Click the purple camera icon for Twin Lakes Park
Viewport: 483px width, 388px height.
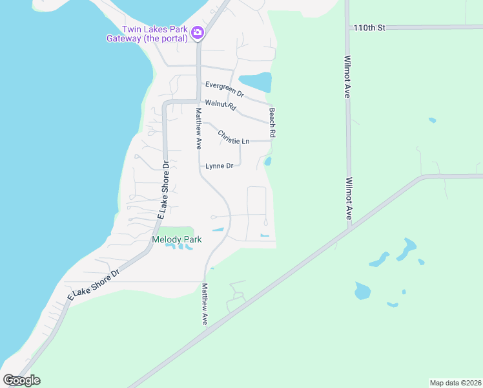click(198, 32)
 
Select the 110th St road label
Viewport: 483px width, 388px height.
click(369, 28)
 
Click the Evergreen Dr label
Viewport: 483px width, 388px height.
click(225, 89)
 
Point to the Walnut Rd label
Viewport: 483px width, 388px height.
click(218, 104)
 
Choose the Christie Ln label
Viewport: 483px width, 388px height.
click(233, 138)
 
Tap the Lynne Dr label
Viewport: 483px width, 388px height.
click(219, 166)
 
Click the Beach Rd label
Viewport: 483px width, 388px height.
click(272, 122)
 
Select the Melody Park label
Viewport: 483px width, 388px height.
click(176, 240)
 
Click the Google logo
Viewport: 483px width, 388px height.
click(22, 380)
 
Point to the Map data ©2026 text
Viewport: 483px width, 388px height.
click(455, 383)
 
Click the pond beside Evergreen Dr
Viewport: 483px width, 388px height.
click(256, 82)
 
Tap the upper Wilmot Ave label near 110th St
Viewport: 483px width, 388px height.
click(347, 76)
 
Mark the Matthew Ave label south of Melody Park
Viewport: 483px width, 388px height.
click(205, 304)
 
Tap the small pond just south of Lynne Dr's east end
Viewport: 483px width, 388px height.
click(267, 161)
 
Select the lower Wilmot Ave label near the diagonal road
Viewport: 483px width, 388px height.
click(349, 199)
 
